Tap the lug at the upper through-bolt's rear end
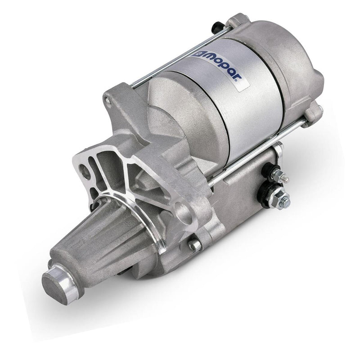click(x=236, y=21)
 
